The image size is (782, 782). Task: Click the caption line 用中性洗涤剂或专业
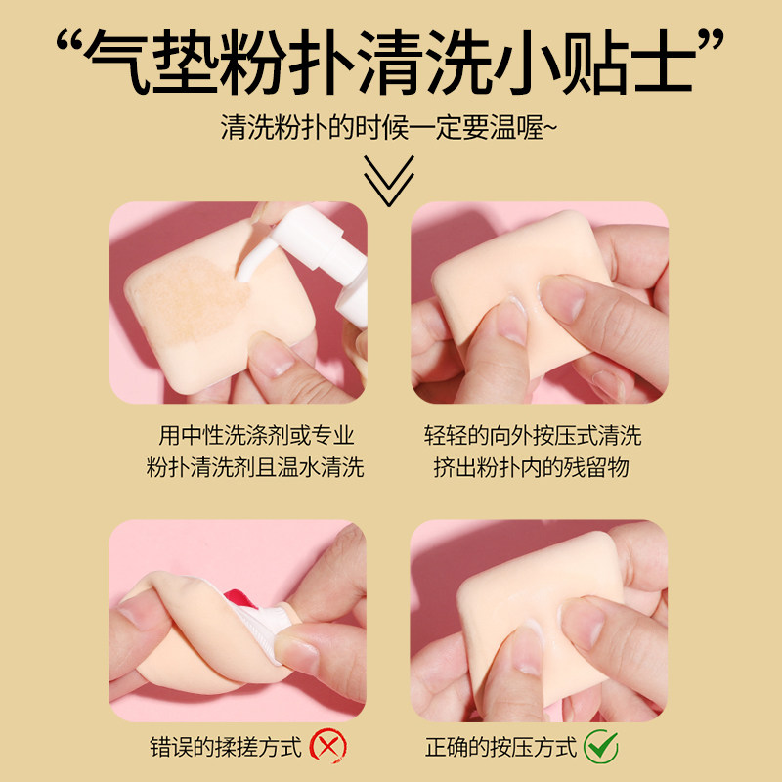tap(256, 436)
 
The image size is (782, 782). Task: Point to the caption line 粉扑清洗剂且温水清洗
tap(256, 467)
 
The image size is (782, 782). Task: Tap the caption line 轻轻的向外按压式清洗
tap(532, 436)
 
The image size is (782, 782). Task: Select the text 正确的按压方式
tap(499, 748)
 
